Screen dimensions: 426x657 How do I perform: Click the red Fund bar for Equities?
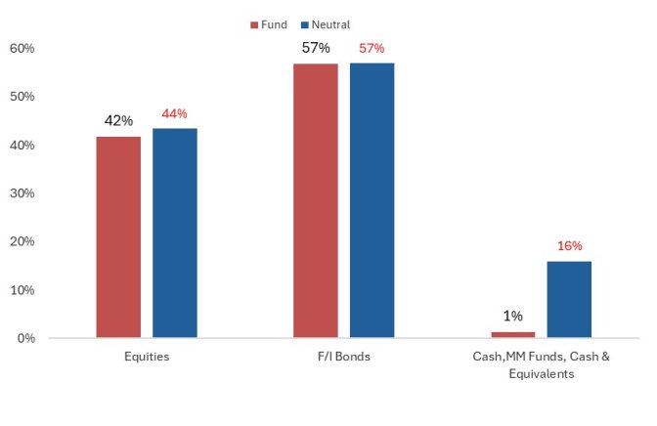(118, 237)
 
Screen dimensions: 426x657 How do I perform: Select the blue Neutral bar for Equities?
(175, 234)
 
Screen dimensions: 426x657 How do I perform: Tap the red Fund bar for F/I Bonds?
(316, 200)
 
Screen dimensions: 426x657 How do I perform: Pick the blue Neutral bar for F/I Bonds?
(372, 200)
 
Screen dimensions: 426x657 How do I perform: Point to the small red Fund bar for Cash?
(513, 335)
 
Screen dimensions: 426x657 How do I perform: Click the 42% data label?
(118, 121)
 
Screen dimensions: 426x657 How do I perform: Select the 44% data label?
(174, 113)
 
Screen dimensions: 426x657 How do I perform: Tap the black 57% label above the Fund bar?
(316, 48)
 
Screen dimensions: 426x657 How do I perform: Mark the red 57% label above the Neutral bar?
(372, 48)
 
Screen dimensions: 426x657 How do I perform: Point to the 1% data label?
(513, 316)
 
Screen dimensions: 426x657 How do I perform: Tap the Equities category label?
(147, 357)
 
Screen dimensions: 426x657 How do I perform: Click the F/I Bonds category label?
(344, 357)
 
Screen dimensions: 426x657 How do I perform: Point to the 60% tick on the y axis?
(22, 48)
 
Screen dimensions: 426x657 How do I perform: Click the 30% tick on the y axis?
(22, 193)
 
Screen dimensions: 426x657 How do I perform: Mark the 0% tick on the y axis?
(24, 338)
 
